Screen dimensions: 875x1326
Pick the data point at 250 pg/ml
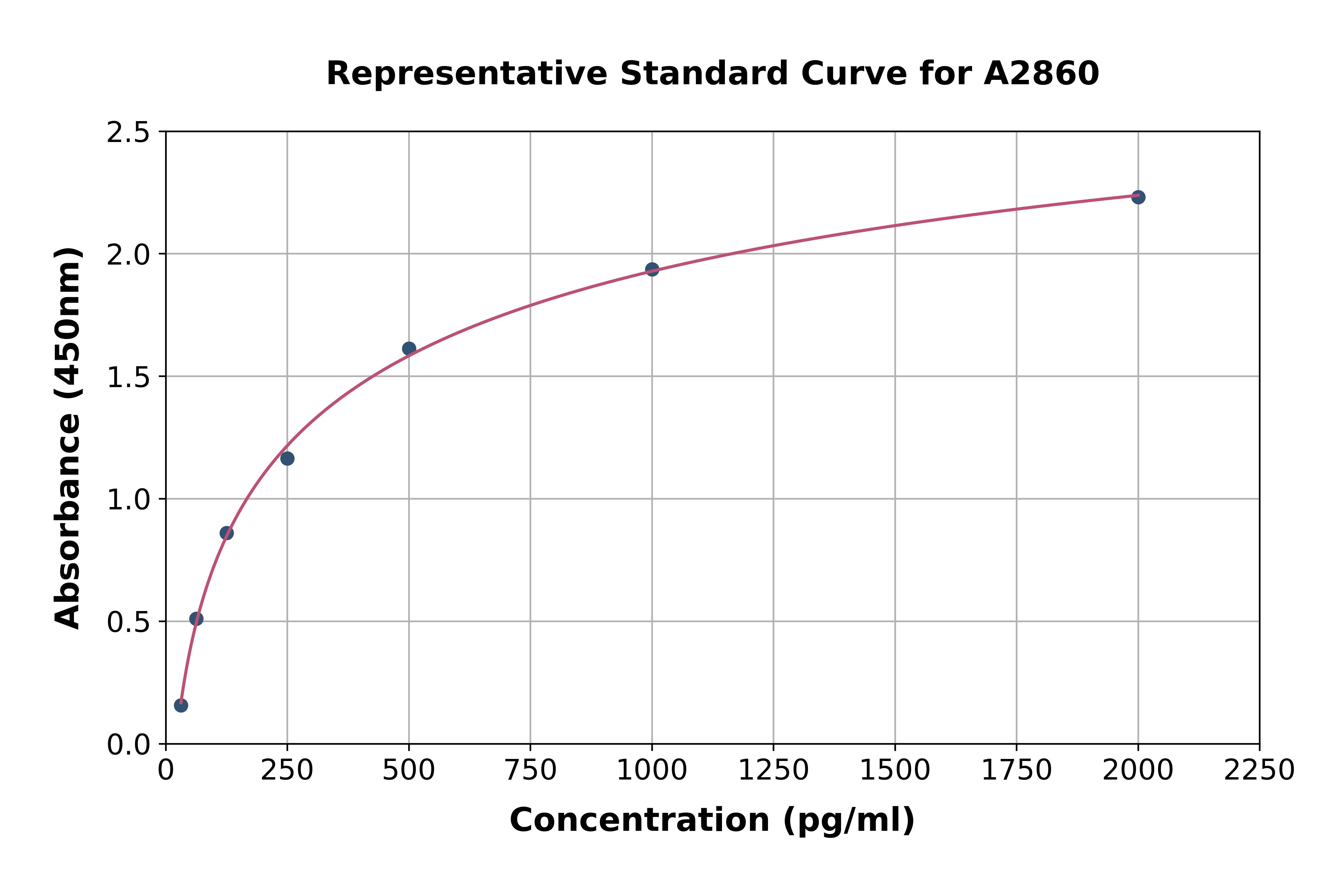(x=287, y=459)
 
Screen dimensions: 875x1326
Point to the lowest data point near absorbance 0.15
(x=181, y=705)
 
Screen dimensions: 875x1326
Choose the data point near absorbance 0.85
(x=227, y=533)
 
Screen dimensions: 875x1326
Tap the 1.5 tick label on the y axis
(x=128, y=377)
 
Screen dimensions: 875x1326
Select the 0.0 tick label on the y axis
(x=128, y=744)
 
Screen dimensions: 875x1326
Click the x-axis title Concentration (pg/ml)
(x=712, y=820)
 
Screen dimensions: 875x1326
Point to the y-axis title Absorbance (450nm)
(x=68, y=438)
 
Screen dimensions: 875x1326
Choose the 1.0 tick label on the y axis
(x=128, y=499)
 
